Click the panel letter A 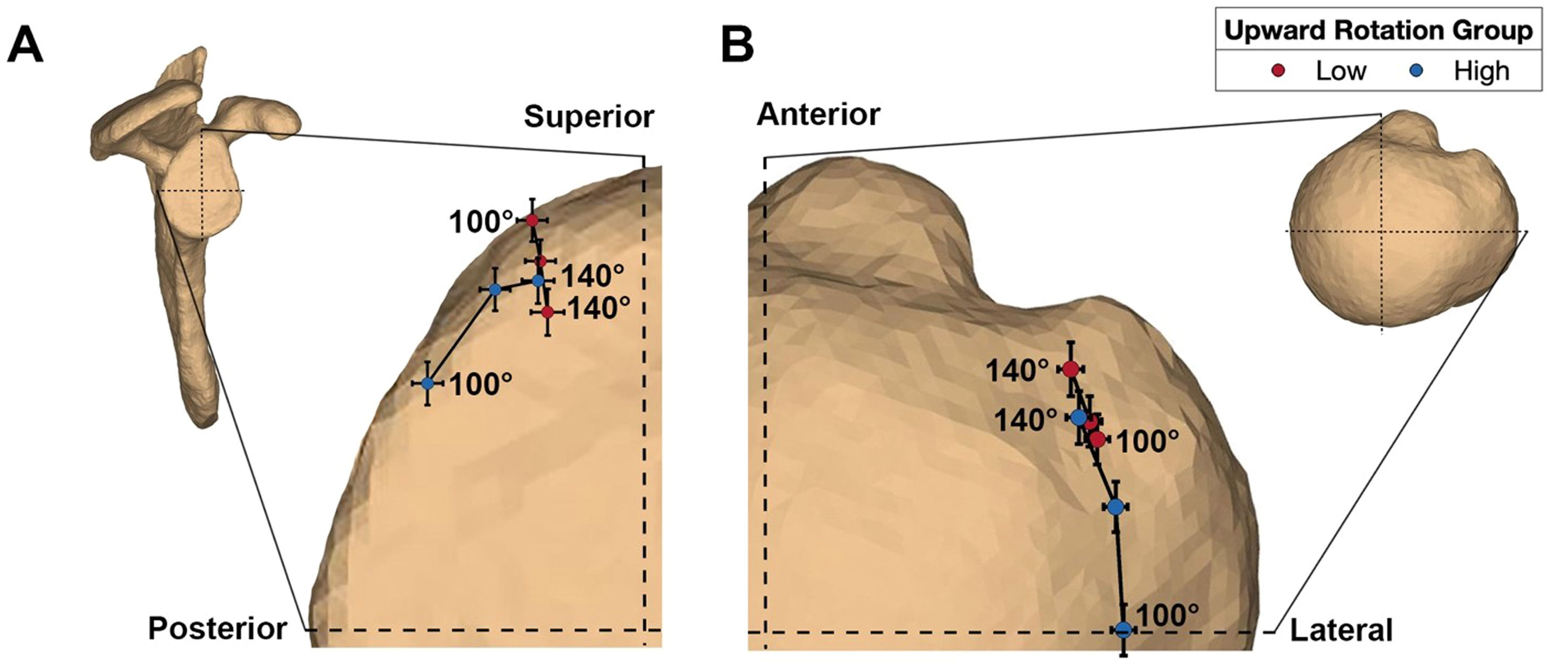tap(26, 46)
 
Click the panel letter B tap(736, 46)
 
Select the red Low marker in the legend tap(1278, 71)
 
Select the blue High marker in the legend tap(1417, 71)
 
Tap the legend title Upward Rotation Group tap(1378, 31)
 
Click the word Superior tap(588, 117)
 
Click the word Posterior tap(217, 629)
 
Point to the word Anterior tap(818, 114)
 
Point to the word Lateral tap(1341, 630)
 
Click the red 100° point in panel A tap(532, 220)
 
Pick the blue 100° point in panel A tap(427, 383)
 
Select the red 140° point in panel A tap(547, 312)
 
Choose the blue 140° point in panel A tap(538, 280)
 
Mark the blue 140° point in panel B tap(1078, 417)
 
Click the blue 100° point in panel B tap(1123, 630)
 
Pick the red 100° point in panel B tap(1097, 440)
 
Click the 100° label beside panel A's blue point tap(481, 384)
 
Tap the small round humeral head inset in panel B tap(1402, 223)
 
